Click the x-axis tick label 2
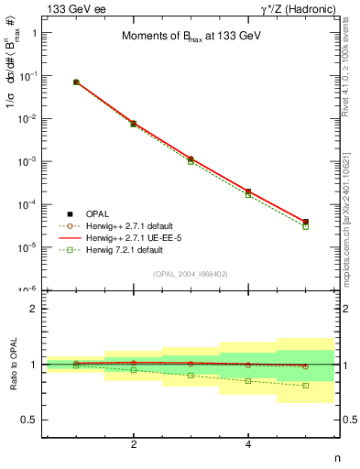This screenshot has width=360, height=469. (x=134, y=445)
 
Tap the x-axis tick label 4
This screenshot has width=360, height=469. (x=249, y=445)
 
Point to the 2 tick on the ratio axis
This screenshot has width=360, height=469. (x=37, y=309)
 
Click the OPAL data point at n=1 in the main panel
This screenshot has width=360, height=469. (x=76, y=82)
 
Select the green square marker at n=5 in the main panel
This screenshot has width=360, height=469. (x=306, y=226)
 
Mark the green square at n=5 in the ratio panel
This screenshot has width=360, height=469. (x=306, y=386)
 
